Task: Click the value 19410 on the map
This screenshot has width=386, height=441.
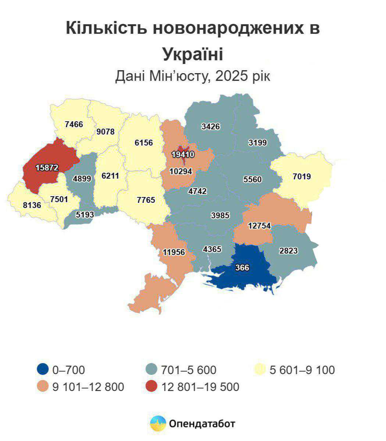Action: tap(183, 154)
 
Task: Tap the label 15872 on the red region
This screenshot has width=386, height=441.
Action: tap(47, 168)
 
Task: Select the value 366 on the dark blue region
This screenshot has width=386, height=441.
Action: tap(242, 268)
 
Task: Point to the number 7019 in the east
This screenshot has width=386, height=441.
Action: tap(302, 176)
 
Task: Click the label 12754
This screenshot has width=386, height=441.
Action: tap(259, 226)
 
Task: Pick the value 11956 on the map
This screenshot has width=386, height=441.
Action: tap(174, 252)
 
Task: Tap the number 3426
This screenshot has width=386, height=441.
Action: tap(211, 126)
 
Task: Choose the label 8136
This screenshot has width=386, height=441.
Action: tap(32, 205)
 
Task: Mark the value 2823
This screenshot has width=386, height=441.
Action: tap(289, 251)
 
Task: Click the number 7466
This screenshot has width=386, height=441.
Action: tap(74, 124)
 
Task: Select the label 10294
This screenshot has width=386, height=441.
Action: tap(181, 171)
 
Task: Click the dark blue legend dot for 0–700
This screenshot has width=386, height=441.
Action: tap(43, 369)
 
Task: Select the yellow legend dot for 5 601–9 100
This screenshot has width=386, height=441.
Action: tap(260, 369)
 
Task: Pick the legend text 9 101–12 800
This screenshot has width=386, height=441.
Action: tap(88, 387)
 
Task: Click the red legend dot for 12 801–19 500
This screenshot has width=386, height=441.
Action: tap(151, 387)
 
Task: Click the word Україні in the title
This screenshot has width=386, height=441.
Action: tap(193, 54)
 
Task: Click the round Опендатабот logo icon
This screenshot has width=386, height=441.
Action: tap(158, 424)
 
